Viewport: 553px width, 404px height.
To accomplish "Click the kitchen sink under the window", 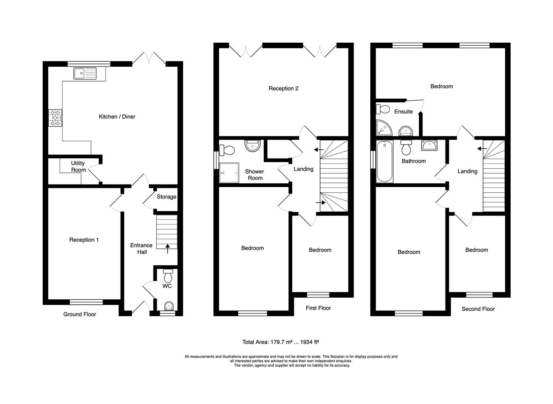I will (85, 73).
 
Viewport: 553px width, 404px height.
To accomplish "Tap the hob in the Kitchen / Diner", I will (55, 118).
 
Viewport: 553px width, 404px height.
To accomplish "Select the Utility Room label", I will (78, 166).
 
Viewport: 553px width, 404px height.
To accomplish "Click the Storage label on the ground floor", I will (166, 197).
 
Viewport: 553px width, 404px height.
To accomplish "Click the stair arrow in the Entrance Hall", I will (167, 248).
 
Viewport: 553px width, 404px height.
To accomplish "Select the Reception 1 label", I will (84, 240).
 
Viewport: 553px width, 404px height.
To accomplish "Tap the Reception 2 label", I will (283, 89).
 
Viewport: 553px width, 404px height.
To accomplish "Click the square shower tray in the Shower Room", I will (229, 173).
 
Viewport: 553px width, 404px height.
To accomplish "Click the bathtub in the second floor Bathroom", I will (385, 162).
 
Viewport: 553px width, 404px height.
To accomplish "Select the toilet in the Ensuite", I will (383, 109).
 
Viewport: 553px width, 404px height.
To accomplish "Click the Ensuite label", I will (403, 111).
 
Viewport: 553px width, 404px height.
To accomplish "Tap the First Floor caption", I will (318, 308).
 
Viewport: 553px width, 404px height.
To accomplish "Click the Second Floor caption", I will (478, 309).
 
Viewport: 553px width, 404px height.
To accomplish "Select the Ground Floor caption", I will (79, 315).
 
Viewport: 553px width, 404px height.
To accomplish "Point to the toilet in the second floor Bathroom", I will (406, 148).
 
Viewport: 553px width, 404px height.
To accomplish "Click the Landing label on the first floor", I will (303, 169).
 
